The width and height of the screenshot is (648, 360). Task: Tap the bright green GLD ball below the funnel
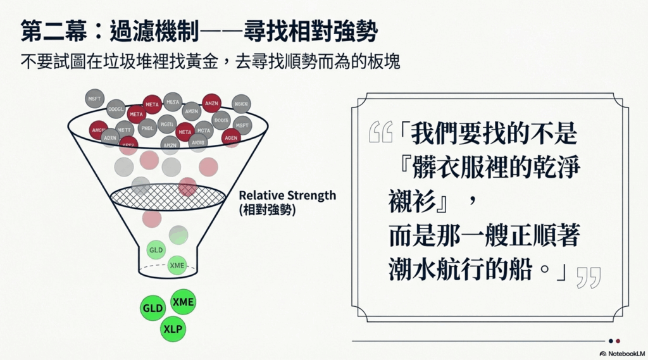pyautogui.click(x=153, y=308)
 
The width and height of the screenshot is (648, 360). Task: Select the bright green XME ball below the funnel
pyautogui.click(x=184, y=301)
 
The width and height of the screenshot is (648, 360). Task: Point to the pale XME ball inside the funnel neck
pyautogui.click(x=177, y=266)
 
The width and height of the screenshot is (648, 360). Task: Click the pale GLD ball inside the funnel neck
pyautogui.click(x=156, y=250)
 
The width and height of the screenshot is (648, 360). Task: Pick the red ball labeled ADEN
pyautogui.click(x=231, y=137)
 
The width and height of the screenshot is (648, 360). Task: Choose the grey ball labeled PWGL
pyautogui.click(x=147, y=128)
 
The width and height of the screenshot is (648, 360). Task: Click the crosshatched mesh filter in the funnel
pyautogui.click(x=168, y=197)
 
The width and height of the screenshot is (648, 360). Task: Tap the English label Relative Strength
pyautogui.click(x=287, y=195)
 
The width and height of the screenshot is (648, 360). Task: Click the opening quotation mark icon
pyautogui.click(x=380, y=132)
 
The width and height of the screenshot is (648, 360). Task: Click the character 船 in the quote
pyautogui.click(x=524, y=270)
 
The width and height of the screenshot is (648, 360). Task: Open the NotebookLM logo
pyautogui.click(x=622, y=353)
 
